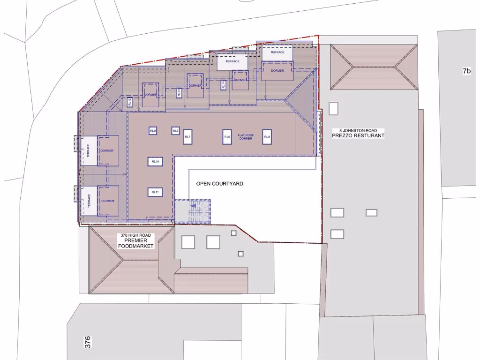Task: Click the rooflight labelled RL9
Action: tap(153, 131)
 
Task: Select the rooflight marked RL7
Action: tap(187, 136)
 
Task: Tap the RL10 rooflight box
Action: tap(156, 161)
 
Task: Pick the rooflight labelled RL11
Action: tap(156, 192)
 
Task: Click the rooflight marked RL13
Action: tap(179, 93)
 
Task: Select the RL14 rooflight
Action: tap(223, 85)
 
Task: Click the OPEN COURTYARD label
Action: tap(219, 184)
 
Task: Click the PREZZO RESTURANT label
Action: tap(358, 135)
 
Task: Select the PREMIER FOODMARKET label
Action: tap(136, 243)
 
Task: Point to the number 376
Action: tap(88, 342)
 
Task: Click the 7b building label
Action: tap(466, 71)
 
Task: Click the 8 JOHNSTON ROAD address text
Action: tap(358, 130)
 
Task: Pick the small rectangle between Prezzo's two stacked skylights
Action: tap(371, 212)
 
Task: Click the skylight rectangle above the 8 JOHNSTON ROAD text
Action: tap(334, 108)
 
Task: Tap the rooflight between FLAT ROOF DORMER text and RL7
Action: tap(227, 136)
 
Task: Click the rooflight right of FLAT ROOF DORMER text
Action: tap(267, 136)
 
